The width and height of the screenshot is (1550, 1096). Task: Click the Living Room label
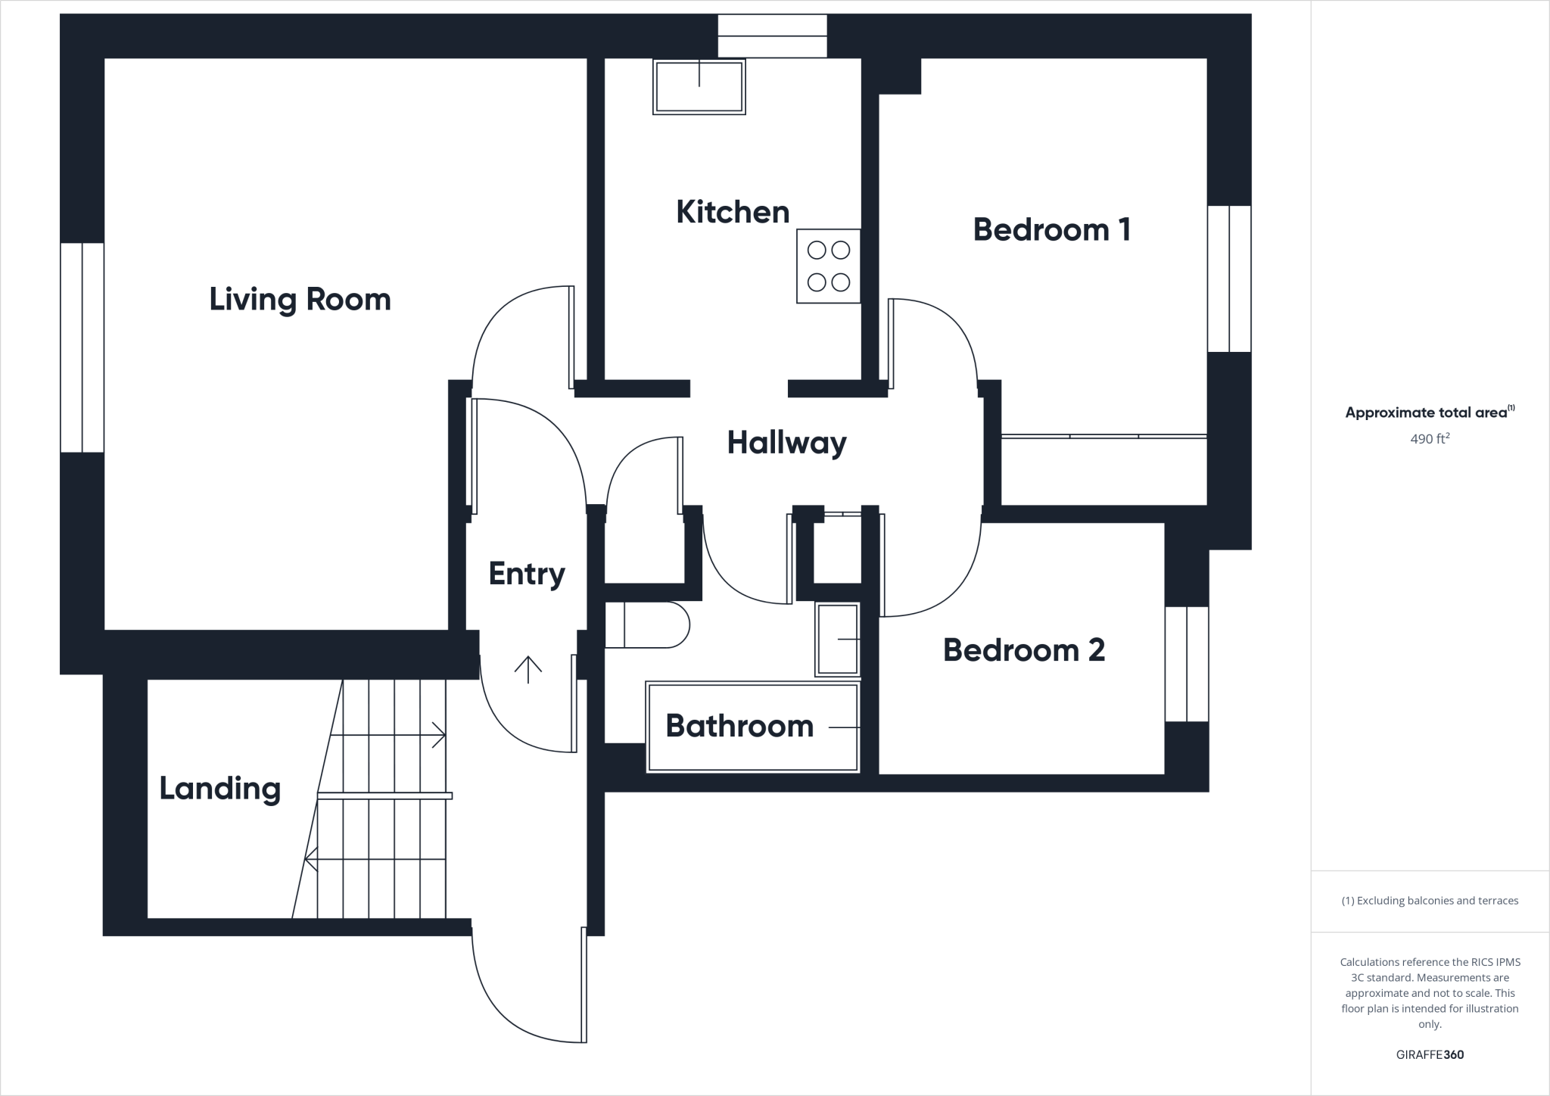pos(300,300)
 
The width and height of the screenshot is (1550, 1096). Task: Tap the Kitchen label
pos(733,212)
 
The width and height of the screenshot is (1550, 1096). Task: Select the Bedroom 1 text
pos(1051,229)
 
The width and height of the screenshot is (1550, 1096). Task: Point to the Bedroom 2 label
pos(1023,650)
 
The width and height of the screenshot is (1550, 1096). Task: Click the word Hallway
pos(786,443)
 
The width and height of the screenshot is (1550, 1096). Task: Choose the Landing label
pos(219,789)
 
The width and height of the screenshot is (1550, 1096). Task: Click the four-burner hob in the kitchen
pos(828,266)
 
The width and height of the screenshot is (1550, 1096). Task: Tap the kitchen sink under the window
pos(699,86)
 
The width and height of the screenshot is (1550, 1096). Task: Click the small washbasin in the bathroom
pos(837,640)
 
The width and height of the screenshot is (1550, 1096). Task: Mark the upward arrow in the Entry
pos(528,669)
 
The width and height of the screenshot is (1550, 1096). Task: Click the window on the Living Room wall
pos(82,347)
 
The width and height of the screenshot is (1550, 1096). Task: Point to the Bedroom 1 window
pos(1229,279)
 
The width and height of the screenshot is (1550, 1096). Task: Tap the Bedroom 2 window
pos(1186,664)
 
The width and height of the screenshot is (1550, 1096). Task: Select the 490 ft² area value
pos(1430,438)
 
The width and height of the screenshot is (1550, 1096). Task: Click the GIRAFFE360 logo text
pos(1430,1054)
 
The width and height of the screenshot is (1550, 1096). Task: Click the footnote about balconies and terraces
pos(1430,901)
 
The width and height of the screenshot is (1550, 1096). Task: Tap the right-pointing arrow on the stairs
pos(437,735)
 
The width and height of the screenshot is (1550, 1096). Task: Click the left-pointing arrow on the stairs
pos(312,859)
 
